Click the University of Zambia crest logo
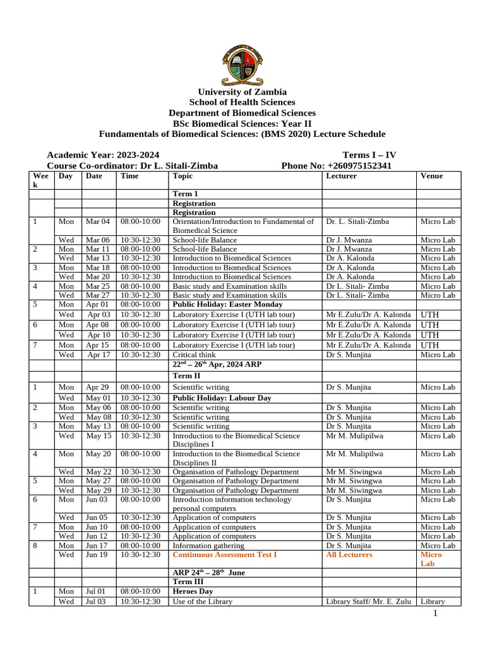click(242, 61)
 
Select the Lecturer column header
click(341, 176)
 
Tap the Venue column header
click(431, 176)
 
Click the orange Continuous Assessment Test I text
click(225, 555)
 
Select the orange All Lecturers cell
click(349, 555)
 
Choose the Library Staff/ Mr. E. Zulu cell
click(368, 601)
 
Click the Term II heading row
click(185, 375)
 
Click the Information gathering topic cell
click(208, 545)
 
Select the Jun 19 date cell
click(97, 555)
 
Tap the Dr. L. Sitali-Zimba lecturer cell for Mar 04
click(357, 221)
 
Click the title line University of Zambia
click(242, 92)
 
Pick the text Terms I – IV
click(369, 155)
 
